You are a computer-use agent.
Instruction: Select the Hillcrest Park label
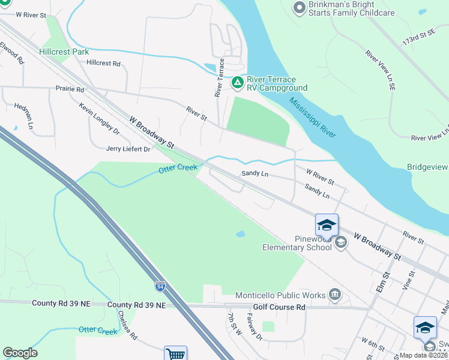(x=64, y=52)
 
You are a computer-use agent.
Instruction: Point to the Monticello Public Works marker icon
(x=336, y=295)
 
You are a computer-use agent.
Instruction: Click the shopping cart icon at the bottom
(x=175, y=354)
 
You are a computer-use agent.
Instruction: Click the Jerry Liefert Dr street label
(x=128, y=149)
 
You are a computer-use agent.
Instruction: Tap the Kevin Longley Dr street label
(x=99, y=118)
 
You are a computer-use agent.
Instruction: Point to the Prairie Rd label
(x=71, y=89)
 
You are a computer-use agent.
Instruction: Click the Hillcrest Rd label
(x=103, y=63)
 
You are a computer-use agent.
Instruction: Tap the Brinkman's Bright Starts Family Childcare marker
(x=299, y=8)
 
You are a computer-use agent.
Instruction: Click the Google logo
(x=20, y=353)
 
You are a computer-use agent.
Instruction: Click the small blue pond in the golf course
(x=241, y=234)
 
